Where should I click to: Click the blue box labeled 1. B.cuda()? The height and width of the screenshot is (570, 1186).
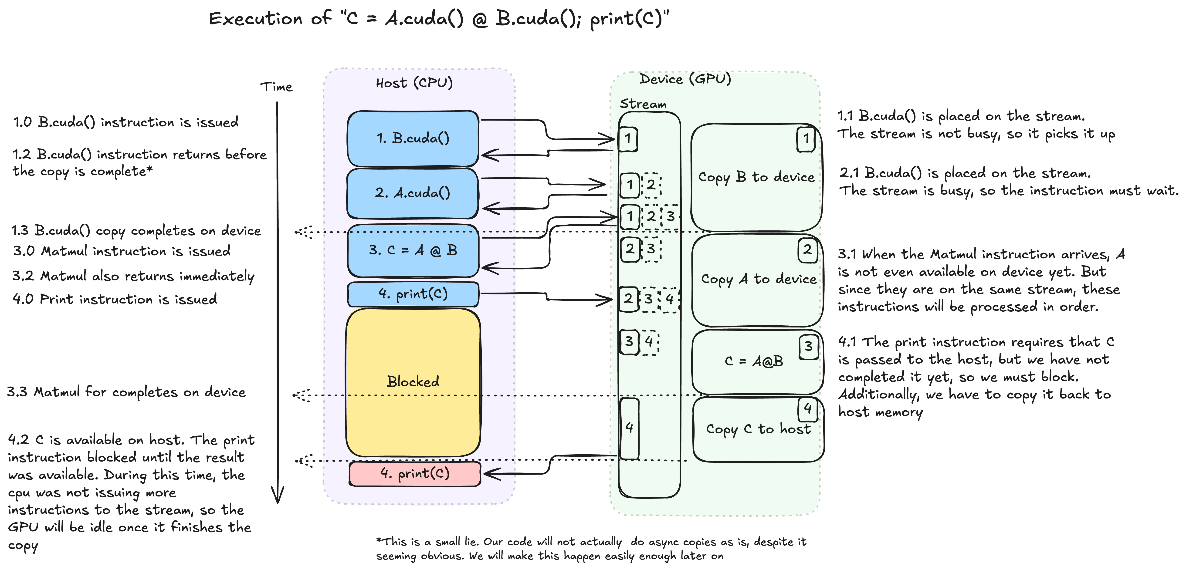(413, 138)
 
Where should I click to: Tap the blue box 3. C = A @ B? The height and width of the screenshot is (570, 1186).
(413, 250)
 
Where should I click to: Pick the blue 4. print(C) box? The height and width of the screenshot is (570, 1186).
(413, 294)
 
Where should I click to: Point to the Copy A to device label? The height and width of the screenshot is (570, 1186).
(758, 279)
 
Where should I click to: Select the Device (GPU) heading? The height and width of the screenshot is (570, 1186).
(685, 79)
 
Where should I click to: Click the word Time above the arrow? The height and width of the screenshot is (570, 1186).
(276, 87)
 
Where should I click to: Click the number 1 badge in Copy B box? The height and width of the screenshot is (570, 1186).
(806, 138)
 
